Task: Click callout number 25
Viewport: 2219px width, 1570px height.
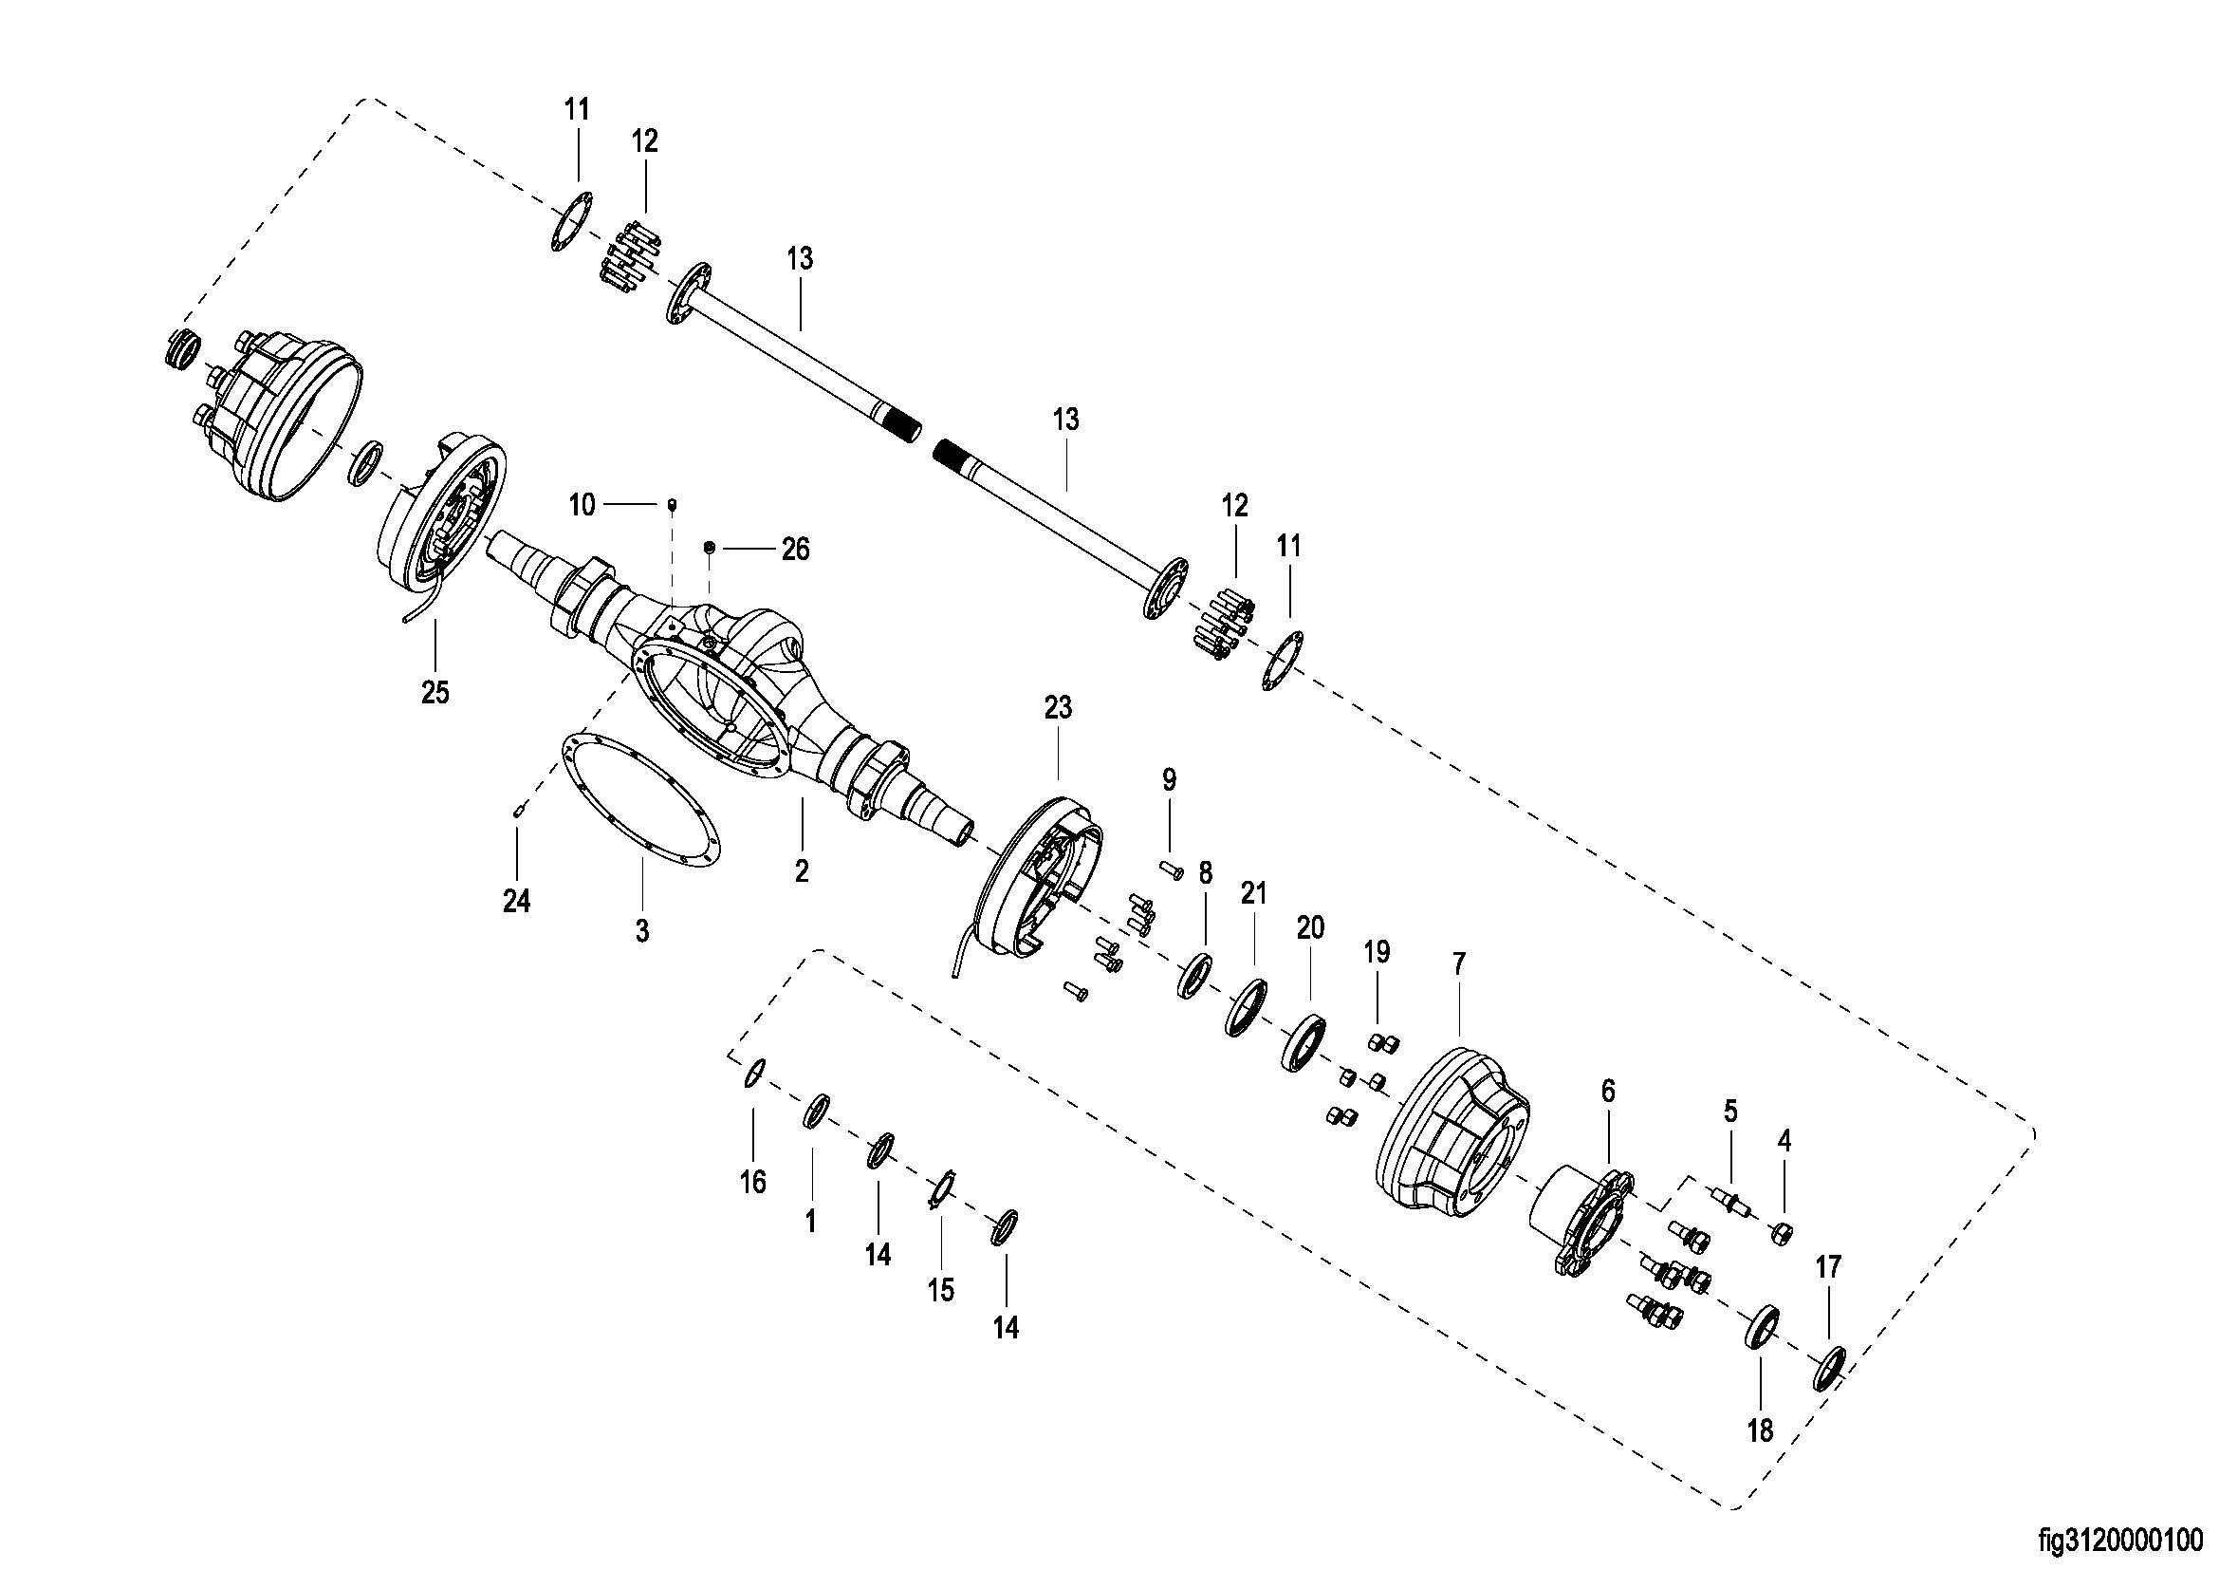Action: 435,692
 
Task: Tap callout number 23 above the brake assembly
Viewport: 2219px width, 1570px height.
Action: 1059,708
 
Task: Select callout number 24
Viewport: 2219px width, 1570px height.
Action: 517,901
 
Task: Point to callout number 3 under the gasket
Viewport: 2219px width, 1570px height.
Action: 641,931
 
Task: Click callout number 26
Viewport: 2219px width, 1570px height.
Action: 795,549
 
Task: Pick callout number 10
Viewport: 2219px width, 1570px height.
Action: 582,505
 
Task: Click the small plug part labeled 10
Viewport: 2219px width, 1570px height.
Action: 673,503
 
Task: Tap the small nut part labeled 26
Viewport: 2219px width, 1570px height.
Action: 709,548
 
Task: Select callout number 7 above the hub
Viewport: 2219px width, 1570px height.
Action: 1459,963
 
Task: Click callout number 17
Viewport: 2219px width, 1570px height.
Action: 1828,1266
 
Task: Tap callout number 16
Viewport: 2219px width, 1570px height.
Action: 753,1182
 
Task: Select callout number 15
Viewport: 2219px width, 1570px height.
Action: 940,1290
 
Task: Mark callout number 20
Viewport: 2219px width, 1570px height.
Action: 1310,928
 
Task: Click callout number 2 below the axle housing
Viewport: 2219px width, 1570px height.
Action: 803,871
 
